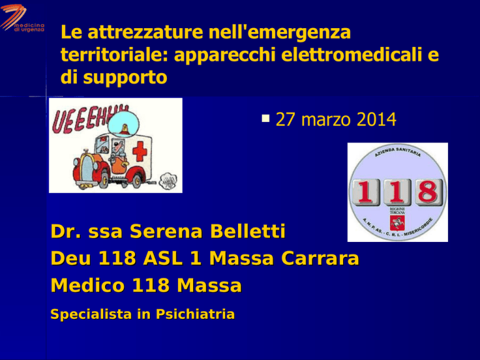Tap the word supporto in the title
[125, 78]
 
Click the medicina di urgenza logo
[22, 17]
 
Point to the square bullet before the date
[266, 118]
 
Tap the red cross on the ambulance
[139, 151]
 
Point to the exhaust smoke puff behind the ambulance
[167, 181]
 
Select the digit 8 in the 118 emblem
[427, 192]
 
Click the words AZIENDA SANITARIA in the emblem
[397, 152]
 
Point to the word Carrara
[320, 258]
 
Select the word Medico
[87, 285]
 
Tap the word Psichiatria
[195, 314]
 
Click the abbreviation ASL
[163, 258]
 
